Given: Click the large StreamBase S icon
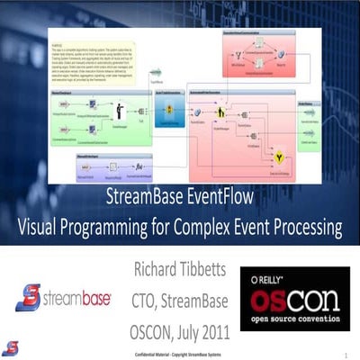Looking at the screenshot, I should [x=30, y=298].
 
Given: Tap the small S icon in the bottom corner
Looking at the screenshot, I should [x=9, y=347].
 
